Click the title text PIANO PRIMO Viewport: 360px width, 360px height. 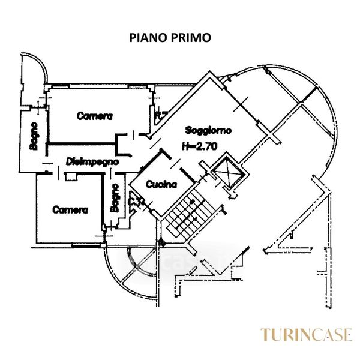170,37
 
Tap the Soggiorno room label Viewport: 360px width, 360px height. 208,130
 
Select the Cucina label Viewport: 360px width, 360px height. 161,185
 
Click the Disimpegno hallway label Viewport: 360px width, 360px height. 92,161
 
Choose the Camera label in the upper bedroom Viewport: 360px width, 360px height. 95,116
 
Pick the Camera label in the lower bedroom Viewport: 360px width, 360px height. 70,210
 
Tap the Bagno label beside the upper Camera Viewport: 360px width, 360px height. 35,137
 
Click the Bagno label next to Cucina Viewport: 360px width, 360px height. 115,197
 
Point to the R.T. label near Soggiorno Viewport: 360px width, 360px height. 160,114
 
